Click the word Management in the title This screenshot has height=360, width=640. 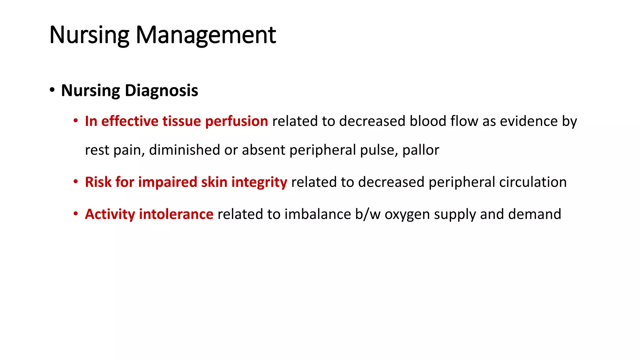click(x=206, y=35)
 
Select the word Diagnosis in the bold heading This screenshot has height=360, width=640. click(x=161, y=91)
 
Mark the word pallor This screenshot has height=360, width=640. click(x=421, y=150)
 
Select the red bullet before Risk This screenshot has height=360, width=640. click(x=76, y=182)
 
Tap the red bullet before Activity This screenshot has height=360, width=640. click(x=76, y=214)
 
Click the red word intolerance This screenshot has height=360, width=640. click(x=176, y=214)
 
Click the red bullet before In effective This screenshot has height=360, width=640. click(x=76, y=121)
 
